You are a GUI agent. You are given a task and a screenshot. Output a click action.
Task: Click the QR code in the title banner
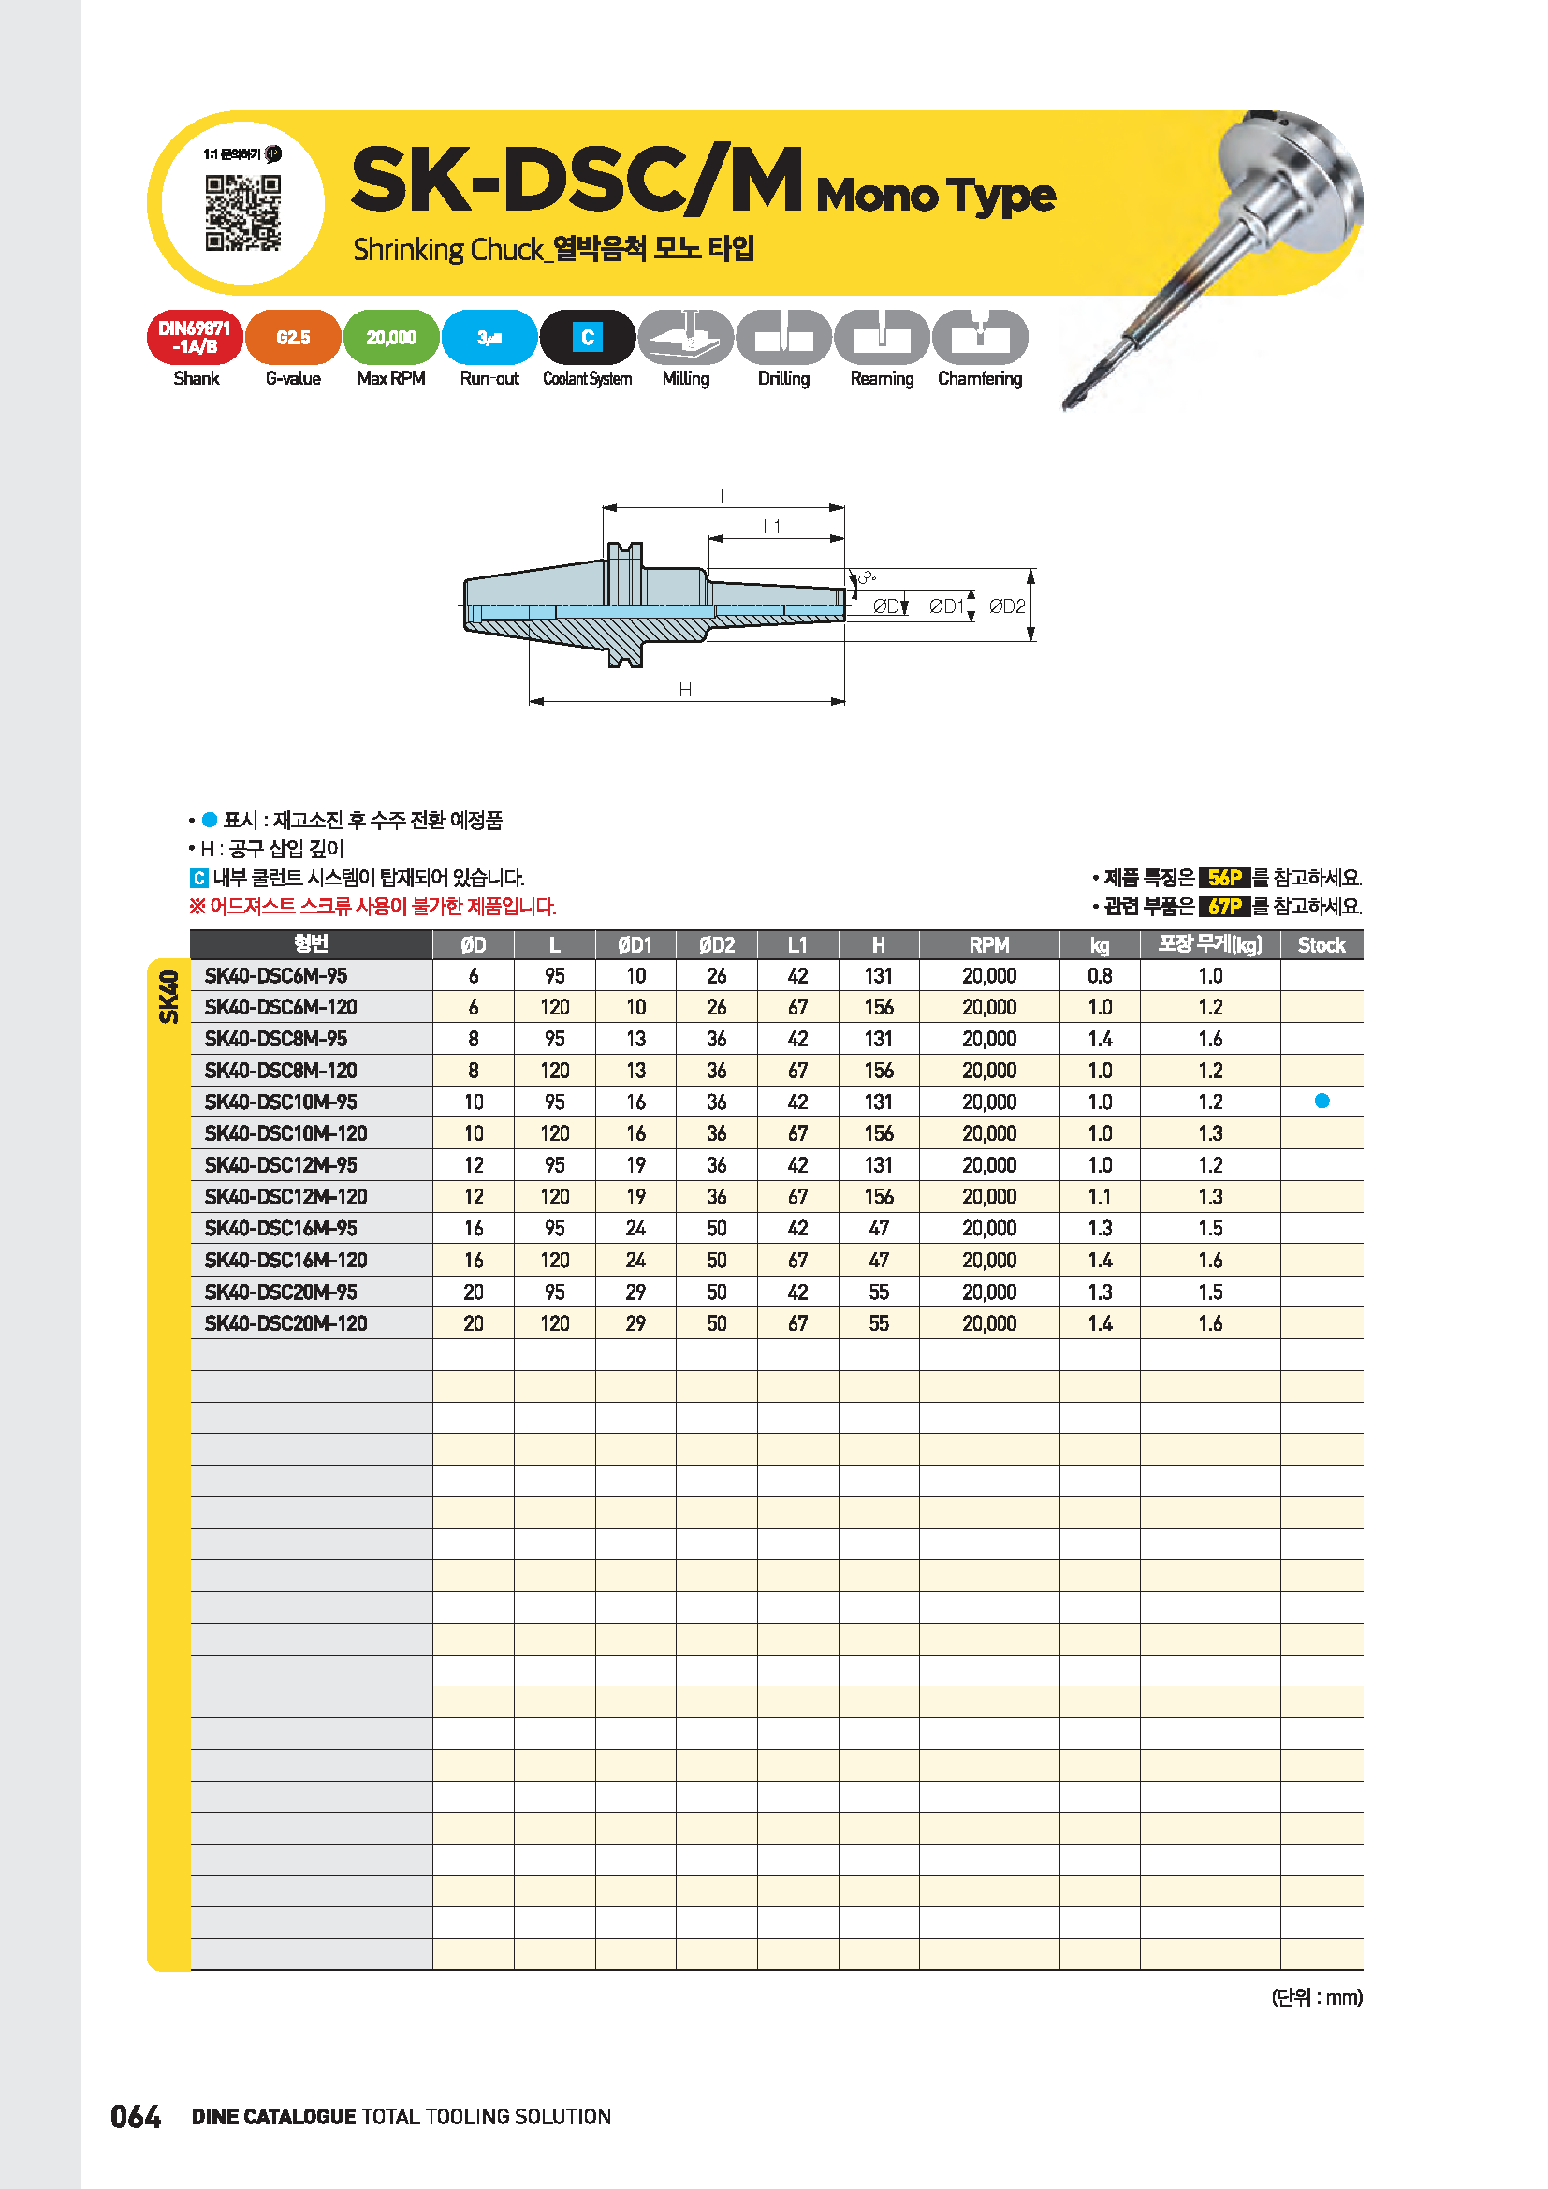[x=243, y=212]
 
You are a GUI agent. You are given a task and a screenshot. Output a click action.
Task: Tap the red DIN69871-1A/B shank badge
[x=196, y=338]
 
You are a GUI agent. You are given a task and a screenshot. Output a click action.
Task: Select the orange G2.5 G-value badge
[x=293, y=338]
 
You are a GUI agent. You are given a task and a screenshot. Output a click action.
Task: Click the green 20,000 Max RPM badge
[x=391, y=338]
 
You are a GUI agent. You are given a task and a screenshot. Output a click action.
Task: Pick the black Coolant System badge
[x=587, y=338]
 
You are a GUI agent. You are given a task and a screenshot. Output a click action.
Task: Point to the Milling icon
[x=685, y=338]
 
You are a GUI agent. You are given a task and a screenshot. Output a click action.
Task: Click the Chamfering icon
[x=979, y=338]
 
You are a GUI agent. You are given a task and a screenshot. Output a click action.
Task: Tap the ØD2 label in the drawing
[x=1007, y=606]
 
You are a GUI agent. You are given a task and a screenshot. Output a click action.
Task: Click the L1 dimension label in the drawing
[x=772, y=527]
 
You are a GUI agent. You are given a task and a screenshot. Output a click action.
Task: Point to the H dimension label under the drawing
[x=685, y=690]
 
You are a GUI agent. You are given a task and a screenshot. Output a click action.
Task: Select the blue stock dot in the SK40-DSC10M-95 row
[x=1322, y=1102]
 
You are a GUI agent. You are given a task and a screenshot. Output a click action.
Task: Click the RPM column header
[x=988, y=945]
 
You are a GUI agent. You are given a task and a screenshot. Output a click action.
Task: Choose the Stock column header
[x=1321, y=945]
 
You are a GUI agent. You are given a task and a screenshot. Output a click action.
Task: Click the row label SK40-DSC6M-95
[x=276, y=976]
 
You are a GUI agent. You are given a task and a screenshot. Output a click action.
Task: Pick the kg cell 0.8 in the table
[x=1099, y=976]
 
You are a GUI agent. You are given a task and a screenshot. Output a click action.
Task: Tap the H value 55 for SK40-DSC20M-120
[x=878, y=1323]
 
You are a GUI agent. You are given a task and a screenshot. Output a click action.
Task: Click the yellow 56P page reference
[x=1224, y=877]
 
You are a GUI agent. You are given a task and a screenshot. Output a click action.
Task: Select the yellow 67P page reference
[x=1224, y=906]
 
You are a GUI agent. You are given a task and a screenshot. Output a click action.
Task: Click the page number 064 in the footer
[x=136, y=2118]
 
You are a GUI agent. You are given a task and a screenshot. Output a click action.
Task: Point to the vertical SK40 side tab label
[x=168, y=997]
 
